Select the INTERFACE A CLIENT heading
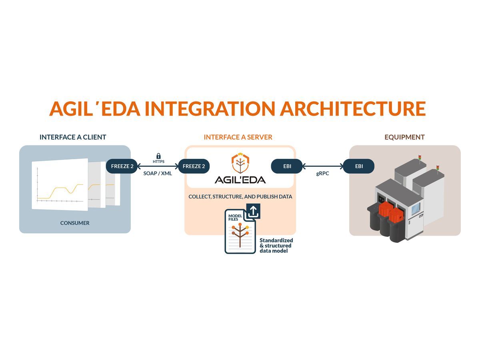click(73, 137)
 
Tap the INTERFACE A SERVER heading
click(238, 137)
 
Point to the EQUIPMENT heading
click(404, 137)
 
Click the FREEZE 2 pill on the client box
click(122, 166)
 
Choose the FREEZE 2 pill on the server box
click(194, 166)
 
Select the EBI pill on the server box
click(287, 166)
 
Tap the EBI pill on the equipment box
click(359, 166)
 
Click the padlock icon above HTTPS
click(158, 156)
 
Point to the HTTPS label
click(158, 162)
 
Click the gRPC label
click(322, 174)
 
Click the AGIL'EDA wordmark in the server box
click(240, 180)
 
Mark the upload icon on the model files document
click(253, 211)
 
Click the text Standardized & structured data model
click(276, 245)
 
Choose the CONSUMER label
click(75, 223)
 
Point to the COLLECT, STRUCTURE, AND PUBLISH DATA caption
click(240, 197)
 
